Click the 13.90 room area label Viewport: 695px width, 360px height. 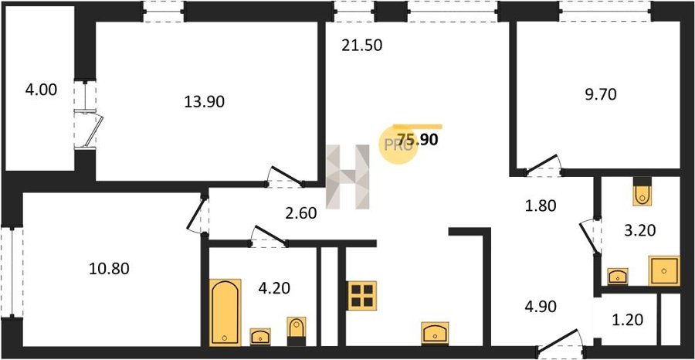pyautogui.click(x=204, y=102)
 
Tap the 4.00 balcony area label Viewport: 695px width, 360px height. pyautogui.click(x=41, y=90)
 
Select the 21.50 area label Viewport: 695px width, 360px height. pyautogui.click(x=361, y=46)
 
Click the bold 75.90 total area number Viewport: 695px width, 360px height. pyautogui.click(x=418, y=140)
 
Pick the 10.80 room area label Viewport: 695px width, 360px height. pyautogui.click(x=109, y=268)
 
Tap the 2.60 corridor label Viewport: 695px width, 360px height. pyautogui.click(x=301, y=214)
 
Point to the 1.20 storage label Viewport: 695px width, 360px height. pyautogui.click(x=627, y=319)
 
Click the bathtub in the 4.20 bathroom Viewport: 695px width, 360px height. pyautogui.click(x=225, y=313)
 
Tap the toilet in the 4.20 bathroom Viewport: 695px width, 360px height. pyautogui.click(x=296, y=331)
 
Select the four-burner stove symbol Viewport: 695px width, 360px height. pyautogui.click(x=362, y=295)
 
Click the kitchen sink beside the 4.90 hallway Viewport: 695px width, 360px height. pyautogui.click(x=436, y=332)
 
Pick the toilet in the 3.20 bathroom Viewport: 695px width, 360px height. pyautogui.click(x=642, y=191)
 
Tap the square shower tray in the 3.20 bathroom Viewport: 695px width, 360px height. pyautogui.click(x=664, y=270)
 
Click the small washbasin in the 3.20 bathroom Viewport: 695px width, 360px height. pyautogui.click(x=618, y=277)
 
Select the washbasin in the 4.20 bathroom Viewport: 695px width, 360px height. pyautogui.click(x=260, y=337)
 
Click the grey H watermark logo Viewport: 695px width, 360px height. pyautogui.click(x=347, y=176)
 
